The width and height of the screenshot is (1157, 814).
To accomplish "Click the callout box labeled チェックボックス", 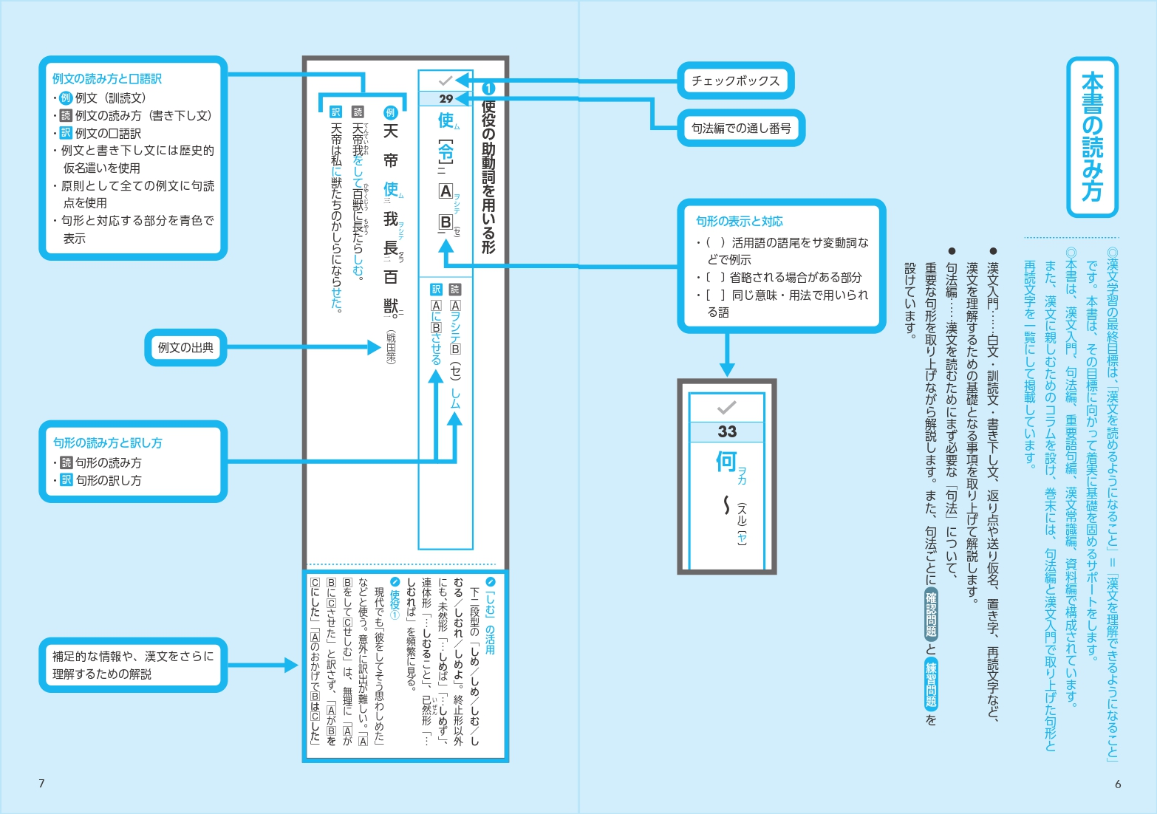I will click(x=735, y=81).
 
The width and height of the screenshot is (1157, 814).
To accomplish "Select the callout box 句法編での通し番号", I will click(x=741, y=128).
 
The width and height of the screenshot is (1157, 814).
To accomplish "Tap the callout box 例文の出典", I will click(x=185, y=347).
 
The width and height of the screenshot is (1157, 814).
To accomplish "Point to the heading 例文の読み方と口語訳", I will click(x=107, y=78).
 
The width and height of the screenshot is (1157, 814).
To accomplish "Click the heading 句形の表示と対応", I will click(x=740, y=221).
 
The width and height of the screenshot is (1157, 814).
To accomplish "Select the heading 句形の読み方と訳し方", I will click(x=108, y=442).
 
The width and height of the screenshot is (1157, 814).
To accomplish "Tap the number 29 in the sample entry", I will click(x=446, y=98).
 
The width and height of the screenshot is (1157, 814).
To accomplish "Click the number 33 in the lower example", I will click(x=727, y=431).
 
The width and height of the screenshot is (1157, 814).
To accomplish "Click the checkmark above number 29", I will click(x=446, y=80).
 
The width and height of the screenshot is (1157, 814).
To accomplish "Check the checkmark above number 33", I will click(x=727, y=407).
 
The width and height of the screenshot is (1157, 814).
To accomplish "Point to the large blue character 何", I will click(x=726, y=462).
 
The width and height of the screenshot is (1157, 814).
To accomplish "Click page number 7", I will click(x=41, y=783).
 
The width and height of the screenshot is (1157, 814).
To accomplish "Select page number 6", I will click(x=1118, y=784).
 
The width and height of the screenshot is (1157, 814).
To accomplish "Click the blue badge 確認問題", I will click(x=931, y=615).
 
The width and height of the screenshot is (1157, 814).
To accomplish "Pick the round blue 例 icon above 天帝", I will click(x=391, y=112).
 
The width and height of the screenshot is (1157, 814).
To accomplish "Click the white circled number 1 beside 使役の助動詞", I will click(x=488, y=89).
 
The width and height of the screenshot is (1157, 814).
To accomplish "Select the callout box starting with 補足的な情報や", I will click(x=133, y=665).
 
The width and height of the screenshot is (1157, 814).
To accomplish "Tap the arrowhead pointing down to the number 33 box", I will click(x=728, y=369).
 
